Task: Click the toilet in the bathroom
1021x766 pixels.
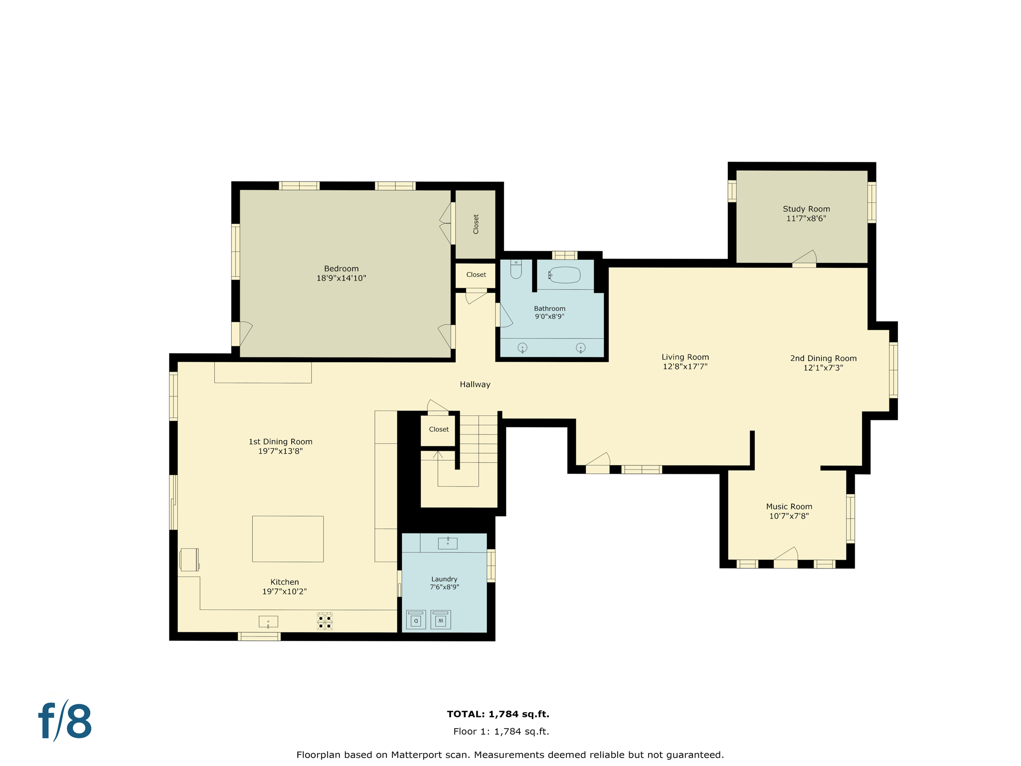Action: [x=516, y=270]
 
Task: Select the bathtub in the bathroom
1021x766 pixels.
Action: [x=565, y=275]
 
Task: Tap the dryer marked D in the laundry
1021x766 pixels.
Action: [x=416, y=619]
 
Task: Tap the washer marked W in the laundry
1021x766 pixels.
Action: [x=440, y=619]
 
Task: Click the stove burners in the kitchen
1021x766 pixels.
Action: [x=325, y=621]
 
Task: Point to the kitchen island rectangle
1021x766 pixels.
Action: [x=288, y=539]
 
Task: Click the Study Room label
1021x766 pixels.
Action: [x=806, y=209]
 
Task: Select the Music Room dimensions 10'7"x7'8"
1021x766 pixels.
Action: [x=789, y=516]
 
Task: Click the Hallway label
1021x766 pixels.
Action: [x=475, y=384]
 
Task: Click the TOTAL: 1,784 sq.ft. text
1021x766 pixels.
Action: [x=498, y=714]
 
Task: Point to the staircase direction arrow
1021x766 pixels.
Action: [x=438, y=454]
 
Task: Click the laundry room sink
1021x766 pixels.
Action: [x=447, y=543]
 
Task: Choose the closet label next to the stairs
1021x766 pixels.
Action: [x=439, y=429]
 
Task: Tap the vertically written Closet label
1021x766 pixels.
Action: [x=476, y=224]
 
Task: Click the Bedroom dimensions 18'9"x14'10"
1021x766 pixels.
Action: [x=341, y=278]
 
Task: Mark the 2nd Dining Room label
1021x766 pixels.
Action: [x=823, y=359]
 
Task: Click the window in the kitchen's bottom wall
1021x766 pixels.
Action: [x=259, y=636]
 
